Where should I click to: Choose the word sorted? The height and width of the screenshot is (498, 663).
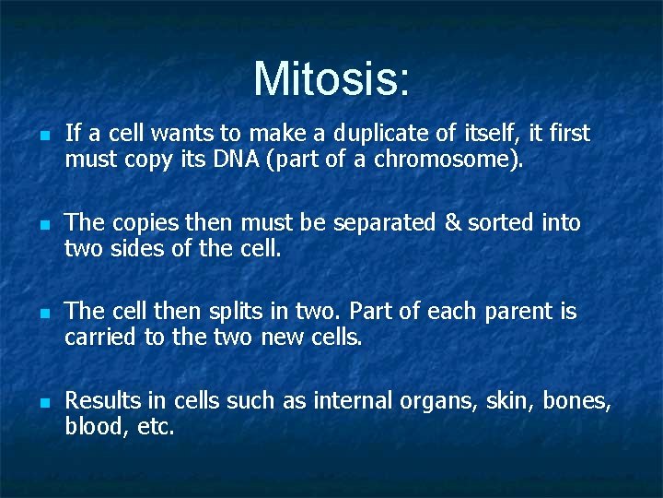(x=496, y=223)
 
